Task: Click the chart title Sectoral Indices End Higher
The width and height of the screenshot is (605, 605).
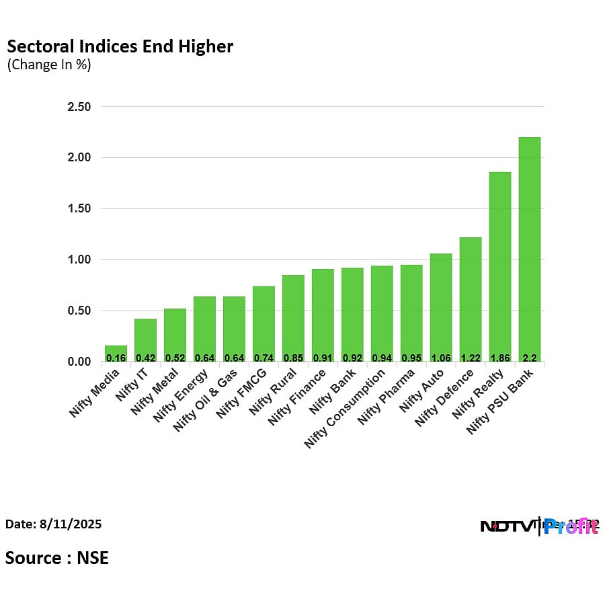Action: coord(120,46)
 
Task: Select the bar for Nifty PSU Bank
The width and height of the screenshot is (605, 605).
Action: coord(529,249)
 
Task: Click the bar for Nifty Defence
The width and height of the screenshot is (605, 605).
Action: coord(470,299)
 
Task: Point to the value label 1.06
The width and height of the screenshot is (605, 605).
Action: coord(441,358)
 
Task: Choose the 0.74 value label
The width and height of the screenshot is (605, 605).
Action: coord(264,358)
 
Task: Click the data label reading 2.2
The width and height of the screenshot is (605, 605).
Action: coord(529,358)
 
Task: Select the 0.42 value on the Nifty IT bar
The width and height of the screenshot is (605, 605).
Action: coord(145,358)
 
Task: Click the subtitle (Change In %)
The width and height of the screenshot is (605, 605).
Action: coord(48,65)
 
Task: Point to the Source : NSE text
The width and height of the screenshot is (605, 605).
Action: coord(57,557)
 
